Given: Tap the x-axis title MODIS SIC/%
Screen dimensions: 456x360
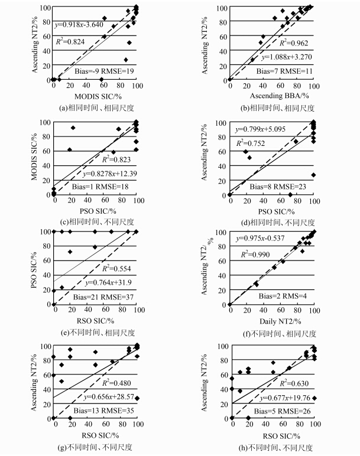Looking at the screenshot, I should point(95,95).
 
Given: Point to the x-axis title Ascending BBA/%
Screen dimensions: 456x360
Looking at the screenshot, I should point(271,95).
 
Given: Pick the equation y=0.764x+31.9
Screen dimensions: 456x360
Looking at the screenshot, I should point(106,284).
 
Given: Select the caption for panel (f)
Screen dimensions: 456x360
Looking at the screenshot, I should point(272,334).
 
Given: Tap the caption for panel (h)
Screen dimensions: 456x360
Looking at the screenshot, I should point(272,447).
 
